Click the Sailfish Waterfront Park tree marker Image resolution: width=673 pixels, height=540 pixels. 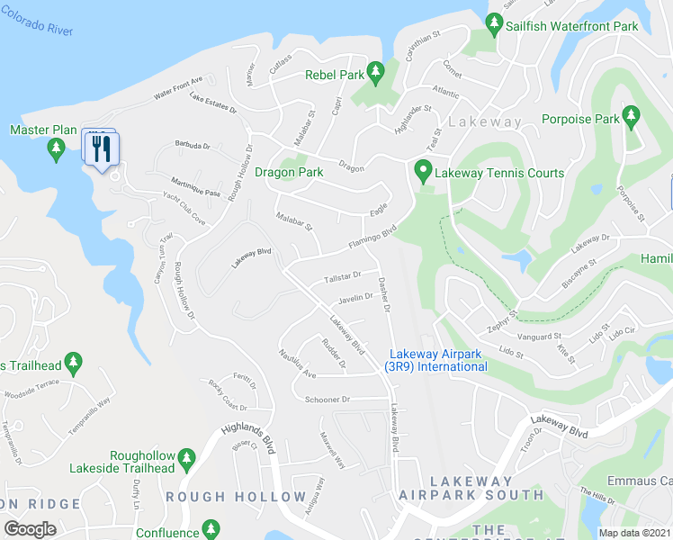click(494, 22)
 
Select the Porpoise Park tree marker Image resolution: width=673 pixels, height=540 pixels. click(632, 115)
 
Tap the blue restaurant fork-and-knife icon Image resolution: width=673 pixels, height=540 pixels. click(102, 147)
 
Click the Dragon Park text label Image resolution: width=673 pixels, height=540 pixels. click(289, 172)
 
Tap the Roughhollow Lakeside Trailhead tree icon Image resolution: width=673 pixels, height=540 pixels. click(187, 458)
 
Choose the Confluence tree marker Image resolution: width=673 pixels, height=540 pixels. click(211, 528)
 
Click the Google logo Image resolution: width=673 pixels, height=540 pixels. click(30, 529)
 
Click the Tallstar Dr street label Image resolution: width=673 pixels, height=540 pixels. click(342, 276)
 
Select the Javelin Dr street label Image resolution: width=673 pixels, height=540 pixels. click(355, 298)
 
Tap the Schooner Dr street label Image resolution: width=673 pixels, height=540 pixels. click(332, 399)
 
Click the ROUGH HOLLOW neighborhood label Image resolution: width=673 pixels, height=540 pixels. click(236, 497)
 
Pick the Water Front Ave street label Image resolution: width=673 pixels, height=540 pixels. click(178, 86)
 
